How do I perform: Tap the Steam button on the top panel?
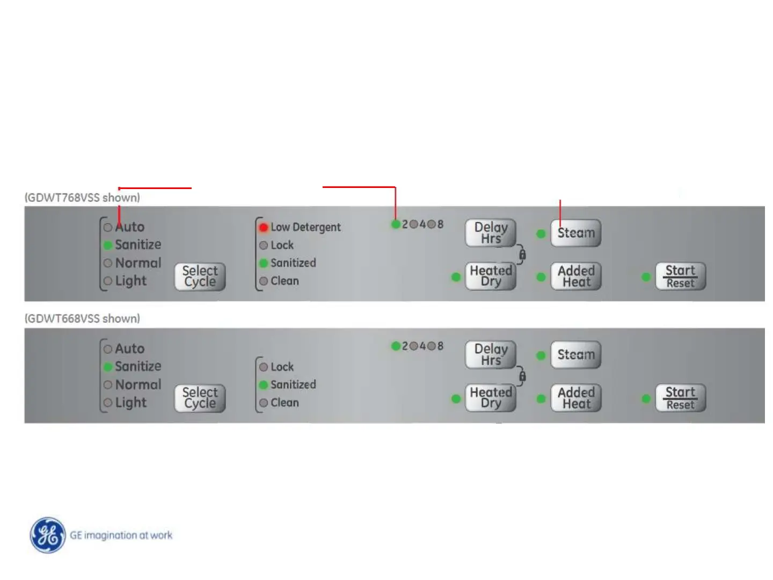[x=575, y=233]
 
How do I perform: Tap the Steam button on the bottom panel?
[x=575, y=355]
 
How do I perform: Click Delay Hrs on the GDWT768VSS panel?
[x=490, y=233]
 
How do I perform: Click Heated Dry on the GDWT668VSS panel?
[x=490, y=398]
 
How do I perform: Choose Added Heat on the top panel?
[x=575, y=276]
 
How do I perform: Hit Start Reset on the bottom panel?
[x=680, y=398]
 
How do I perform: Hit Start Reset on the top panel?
[x=680, y=276]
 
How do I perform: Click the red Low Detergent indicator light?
[x=264, y=228]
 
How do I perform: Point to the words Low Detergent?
[x=305, y=227]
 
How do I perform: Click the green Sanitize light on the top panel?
[x=108, y=245]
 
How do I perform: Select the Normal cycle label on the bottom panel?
[x=138, y=385]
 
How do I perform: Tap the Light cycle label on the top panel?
[x=130, y=281]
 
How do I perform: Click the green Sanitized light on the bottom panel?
[x=264, y=385]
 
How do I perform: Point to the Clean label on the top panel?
[x=285, y=281]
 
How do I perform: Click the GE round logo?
[x=48, y=535]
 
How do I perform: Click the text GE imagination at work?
[x=121, y=535]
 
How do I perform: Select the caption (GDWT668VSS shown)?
[x=82, y=318]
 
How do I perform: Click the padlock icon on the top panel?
[x=522, y=255]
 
